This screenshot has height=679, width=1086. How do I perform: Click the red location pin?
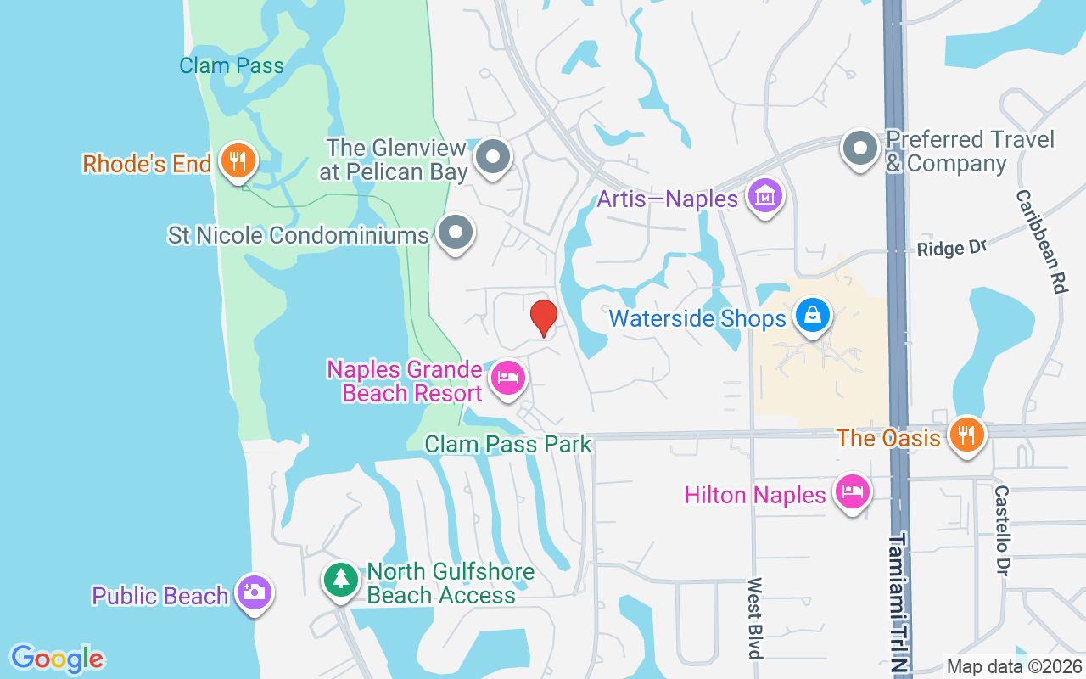[x=543, y=317]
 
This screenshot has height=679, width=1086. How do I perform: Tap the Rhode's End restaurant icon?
[x=238, y=160]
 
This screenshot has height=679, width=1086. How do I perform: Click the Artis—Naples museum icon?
[x=765, y=196]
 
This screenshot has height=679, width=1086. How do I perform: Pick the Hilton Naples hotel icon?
[x=853, y=491]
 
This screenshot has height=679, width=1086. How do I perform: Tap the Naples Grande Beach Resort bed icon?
[x=507, y=378]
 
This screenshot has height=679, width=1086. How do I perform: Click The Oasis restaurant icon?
[x=966, y=435]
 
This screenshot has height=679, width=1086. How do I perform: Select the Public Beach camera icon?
[x=254, y=592]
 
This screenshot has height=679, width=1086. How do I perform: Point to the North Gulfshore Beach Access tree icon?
[x=340, y=580]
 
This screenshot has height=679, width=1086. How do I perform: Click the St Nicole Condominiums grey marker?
[x=456, y=232]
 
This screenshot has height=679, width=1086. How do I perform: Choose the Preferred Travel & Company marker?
[x=860, y=149]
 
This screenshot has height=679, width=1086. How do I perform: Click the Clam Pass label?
[x=232, y=65]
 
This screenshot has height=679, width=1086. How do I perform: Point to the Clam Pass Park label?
[x=507, y=443]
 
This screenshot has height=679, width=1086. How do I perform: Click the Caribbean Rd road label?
[x=1040, y=241]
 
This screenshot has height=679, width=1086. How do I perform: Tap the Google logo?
[x=57, y=658]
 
